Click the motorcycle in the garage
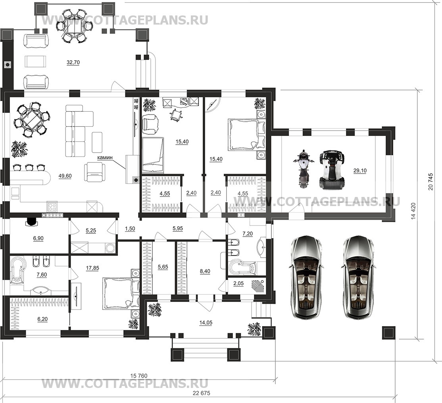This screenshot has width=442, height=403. pyautogui.click(x=303, y=169)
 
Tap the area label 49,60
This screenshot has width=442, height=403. pyautogui.click(x=65, y=176)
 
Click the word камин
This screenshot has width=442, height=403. pyautogui.click(x=105, y=158)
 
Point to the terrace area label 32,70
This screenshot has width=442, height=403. pyautogui.click(x=73, y=63)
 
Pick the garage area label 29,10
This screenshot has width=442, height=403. pyautogui.click(x=360, y=170)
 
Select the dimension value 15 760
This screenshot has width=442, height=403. pyautogui.click(x=139, y=376)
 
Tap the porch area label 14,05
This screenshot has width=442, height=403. pyautogui.click(x=206, y=323)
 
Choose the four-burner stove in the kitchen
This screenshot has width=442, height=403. pyautogui.click(x=52, y=207)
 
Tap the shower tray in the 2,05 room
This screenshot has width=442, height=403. pyautogui.click(x=258, y=286)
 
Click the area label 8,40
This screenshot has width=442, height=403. pyautogui.click(x=205, y=271)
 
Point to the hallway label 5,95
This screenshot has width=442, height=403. pyautogui.click(x=178, y=229)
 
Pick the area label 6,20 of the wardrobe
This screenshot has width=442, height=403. pyautogui.click(x=42, y=319)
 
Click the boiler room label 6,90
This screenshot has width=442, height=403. pyautogui.click(x=38, y=239)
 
